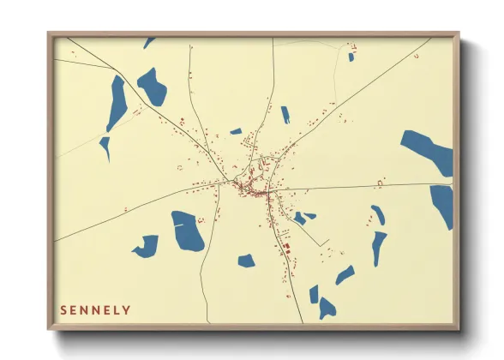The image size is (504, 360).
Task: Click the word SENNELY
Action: click(x=95, y=309)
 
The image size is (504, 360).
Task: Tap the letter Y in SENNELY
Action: click(x=127, y=309)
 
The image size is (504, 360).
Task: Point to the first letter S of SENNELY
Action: click(x=63, y=309)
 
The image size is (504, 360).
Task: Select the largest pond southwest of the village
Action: click(x=187, y=231)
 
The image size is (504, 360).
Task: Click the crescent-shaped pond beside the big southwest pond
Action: click(x=147, y=246)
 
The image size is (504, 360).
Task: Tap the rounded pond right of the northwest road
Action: click(x=152, y=87)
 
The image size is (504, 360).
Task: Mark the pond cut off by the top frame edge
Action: click(x=148, y=41)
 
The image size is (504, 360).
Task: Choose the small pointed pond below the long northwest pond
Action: click(x=105, y=147)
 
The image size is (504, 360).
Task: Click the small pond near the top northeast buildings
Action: click(x=351, y=57)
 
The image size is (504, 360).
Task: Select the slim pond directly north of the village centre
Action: click(x=285, y=114)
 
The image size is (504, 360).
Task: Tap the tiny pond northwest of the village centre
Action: click(x=236, y=131)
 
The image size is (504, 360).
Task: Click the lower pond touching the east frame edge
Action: click(x=442, y=205)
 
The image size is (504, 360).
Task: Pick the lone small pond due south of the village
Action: click(x=246, y=260)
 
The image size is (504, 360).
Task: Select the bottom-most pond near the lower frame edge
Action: click(x=327, y=307)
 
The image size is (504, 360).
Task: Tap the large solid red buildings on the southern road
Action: click(x=286, y=249)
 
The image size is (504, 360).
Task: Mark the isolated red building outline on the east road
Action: click(x=380, y=182)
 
